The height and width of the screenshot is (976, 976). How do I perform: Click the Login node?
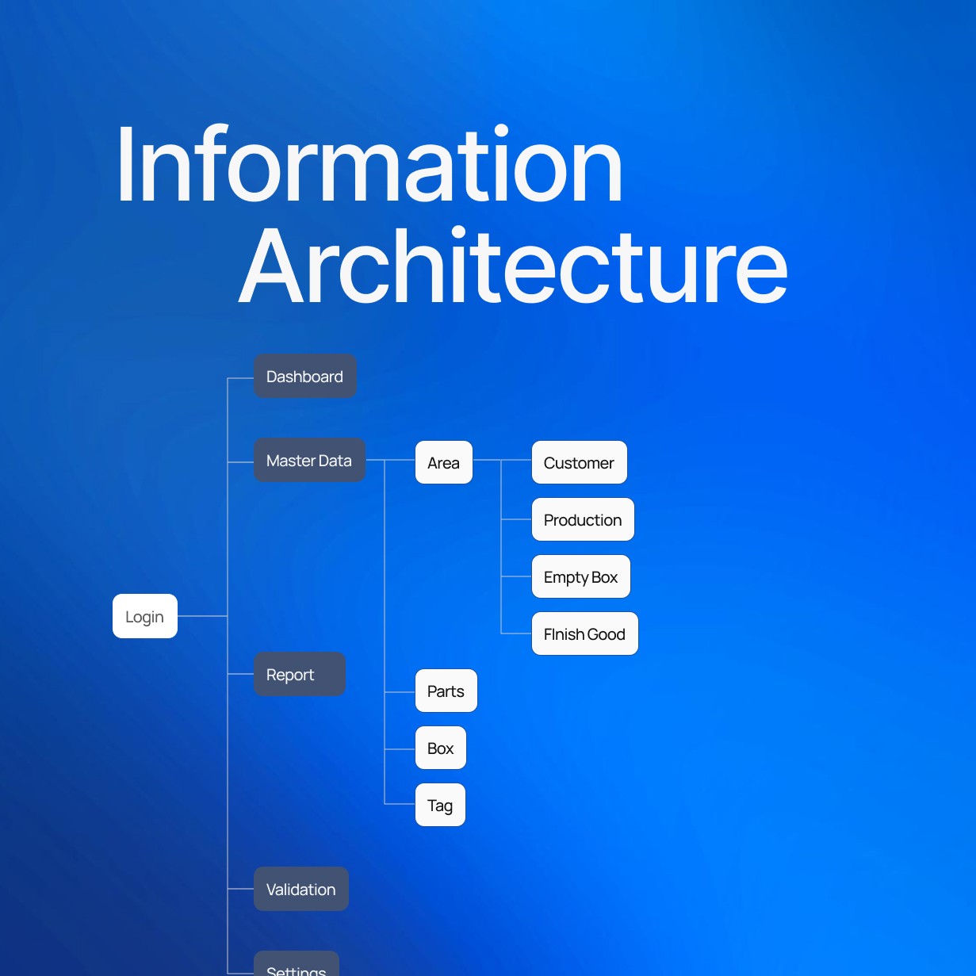tap(145, 616)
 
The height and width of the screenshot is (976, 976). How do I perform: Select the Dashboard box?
tap(305, 377)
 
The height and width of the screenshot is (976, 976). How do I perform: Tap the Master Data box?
tap(309, 461)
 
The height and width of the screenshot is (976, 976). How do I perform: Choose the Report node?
tap(299, 675)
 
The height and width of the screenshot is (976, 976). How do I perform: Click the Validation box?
tap(301, 889)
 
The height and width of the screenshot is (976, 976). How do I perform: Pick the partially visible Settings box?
tap(297, 966)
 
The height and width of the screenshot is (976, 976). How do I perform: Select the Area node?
tap(444, 463)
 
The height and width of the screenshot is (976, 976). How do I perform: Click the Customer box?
tap(580, 463)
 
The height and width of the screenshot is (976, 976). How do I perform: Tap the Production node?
tap(583, 520)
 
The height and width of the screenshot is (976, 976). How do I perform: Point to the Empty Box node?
tap(581, 577)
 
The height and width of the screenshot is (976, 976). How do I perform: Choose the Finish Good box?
tap(585, 634)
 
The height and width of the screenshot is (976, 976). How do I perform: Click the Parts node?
tap(446, 691)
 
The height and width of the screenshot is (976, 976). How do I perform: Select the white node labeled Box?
tap(441, 748)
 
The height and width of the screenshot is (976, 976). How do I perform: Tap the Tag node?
tap(440, 806)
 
